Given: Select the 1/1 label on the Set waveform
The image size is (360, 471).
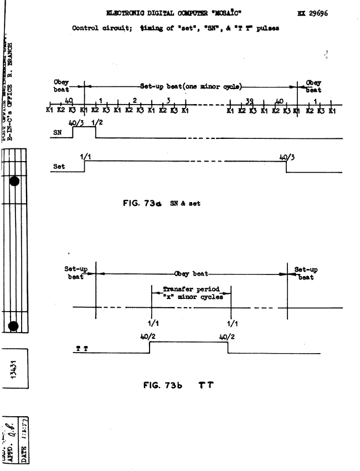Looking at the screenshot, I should pos(85,158).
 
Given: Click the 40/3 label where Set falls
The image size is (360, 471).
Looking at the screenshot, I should pos(286,158).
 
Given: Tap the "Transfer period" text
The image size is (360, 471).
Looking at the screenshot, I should pos(192,289).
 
